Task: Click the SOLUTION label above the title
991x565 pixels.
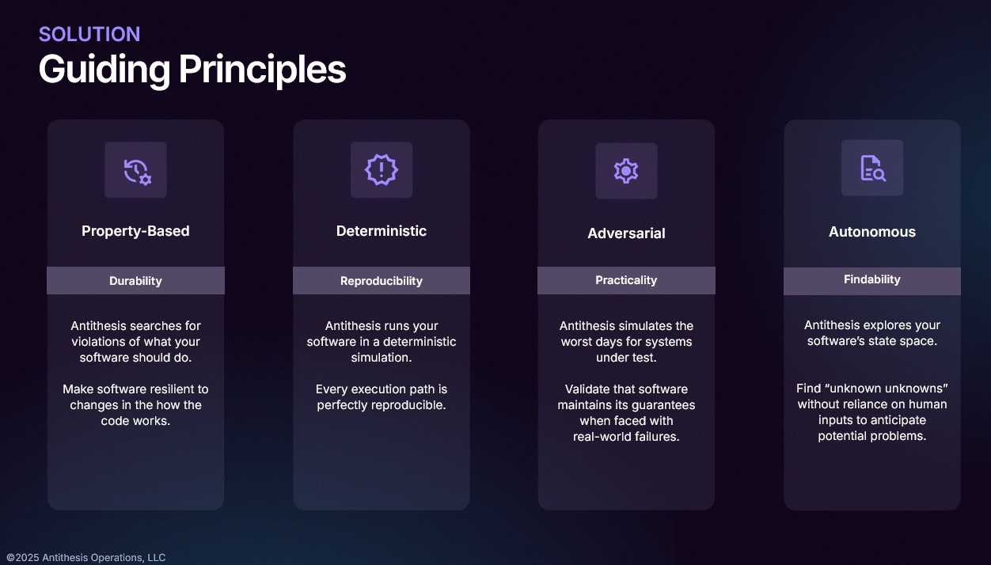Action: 89,34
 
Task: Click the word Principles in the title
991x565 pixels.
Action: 262,70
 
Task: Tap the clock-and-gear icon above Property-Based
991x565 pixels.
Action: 137,171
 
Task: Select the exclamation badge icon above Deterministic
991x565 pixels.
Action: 382,169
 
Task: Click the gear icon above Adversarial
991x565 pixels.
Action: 626,171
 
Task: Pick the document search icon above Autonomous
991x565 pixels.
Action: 872,168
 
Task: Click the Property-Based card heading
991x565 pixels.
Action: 135,231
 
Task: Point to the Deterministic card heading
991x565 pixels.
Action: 382,231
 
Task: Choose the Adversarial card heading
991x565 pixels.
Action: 626,233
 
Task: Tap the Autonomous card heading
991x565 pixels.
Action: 872,232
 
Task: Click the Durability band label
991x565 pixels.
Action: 135,281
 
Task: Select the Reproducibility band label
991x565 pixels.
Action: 382,281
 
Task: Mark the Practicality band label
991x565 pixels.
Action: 626,280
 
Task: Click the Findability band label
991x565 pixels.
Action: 872,279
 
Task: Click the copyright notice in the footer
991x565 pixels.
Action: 85,557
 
